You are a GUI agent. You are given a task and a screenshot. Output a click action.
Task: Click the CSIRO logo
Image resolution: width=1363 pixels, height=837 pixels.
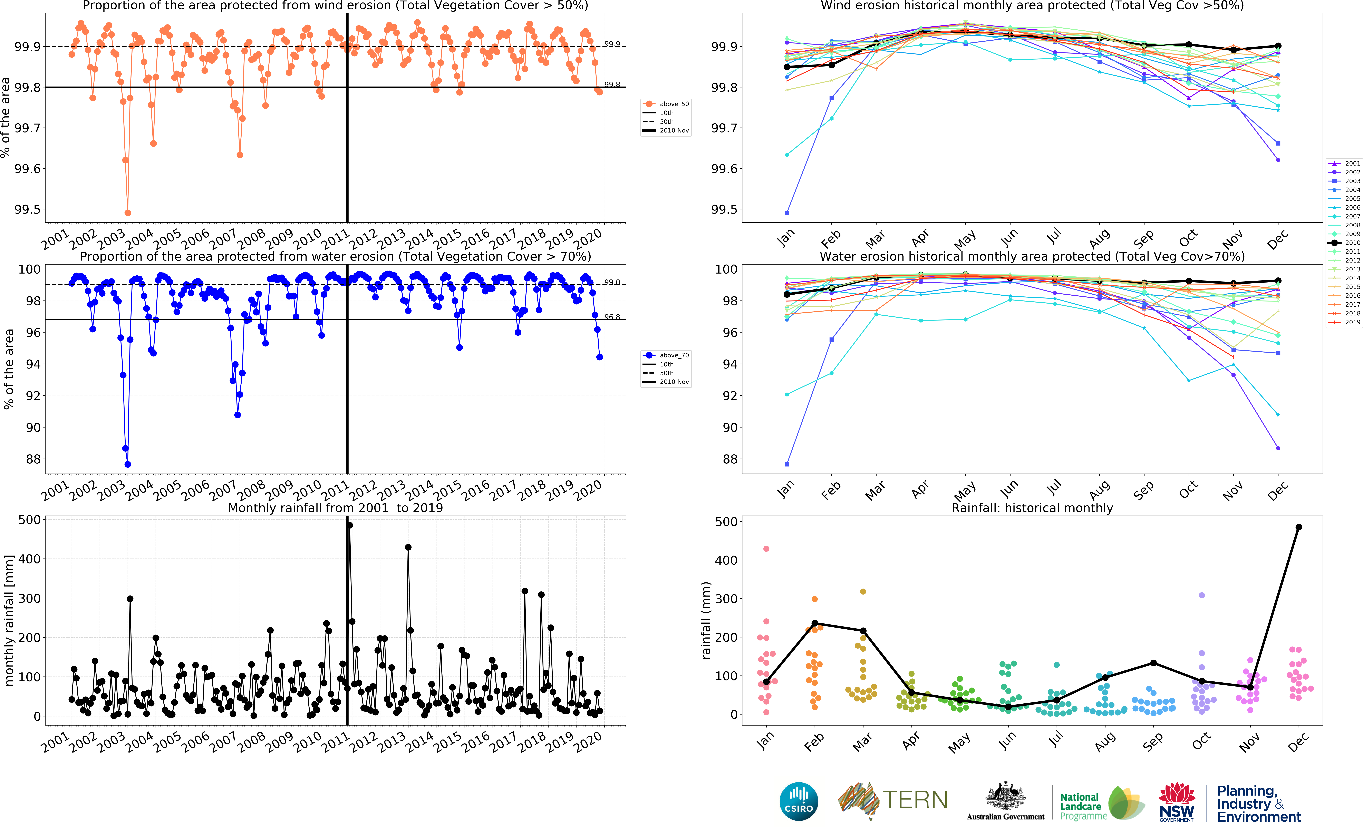799,801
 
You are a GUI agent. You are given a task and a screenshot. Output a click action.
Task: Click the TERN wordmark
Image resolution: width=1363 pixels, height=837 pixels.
915,800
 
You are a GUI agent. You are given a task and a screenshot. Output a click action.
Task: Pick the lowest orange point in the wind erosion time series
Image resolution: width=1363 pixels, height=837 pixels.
128,213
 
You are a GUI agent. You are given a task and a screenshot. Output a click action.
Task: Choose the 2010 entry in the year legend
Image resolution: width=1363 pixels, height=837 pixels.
1344,243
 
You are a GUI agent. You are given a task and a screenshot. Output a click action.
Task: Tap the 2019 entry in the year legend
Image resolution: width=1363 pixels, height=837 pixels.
1344,322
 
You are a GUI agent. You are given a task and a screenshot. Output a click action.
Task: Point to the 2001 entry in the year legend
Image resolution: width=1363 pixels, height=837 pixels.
1344,163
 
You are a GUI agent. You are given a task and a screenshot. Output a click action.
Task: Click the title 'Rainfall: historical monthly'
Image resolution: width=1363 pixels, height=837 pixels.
1032,508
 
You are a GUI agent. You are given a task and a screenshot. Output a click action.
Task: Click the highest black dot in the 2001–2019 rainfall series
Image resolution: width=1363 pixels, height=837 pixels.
349,525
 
